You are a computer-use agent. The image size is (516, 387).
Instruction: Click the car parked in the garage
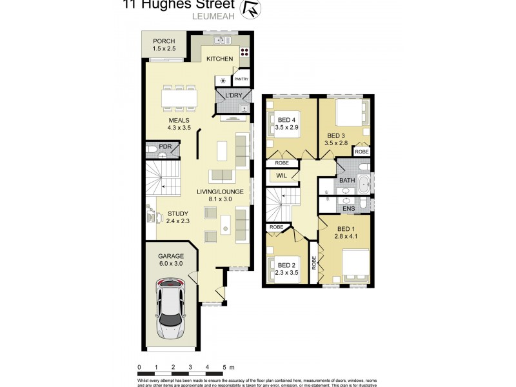point(170,309)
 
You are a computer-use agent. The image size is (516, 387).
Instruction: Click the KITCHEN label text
point(219,59)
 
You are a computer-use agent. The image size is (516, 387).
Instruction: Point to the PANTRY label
point(242,79)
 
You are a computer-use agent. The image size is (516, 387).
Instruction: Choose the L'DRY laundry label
point(233,96)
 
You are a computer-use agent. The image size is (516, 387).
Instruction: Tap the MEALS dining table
point(179,97)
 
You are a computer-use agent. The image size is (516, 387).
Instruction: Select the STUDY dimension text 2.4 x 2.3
point(179,221)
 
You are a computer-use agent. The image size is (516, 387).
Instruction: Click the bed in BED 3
point(351,115)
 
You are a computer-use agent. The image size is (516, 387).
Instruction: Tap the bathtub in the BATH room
point(364,184)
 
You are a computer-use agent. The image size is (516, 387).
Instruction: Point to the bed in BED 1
point(353,264)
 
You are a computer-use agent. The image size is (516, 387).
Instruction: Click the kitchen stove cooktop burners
point(245,52)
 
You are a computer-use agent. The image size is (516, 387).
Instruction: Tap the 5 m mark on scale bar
point(225,367)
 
